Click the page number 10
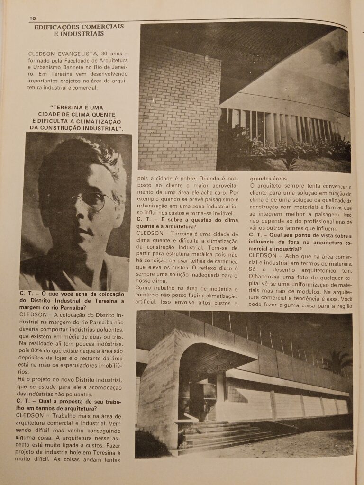[33, 18]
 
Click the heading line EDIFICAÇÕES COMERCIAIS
[79, 27]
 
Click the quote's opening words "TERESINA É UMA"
[76, 108]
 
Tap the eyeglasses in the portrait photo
[95, 200]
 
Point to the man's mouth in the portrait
[86, 232]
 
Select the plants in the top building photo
[284, 152]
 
